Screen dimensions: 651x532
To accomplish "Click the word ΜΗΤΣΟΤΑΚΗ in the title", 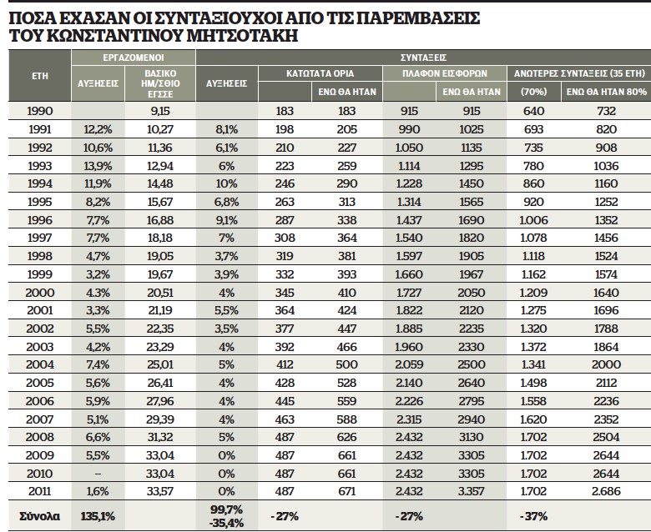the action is pyautogui.click(x=242, y=36).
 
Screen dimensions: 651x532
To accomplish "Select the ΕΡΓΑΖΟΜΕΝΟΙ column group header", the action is pyautogui.click(x=134, y=58).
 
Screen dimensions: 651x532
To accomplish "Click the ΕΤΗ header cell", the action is pyautogui.click(x=40, y=76).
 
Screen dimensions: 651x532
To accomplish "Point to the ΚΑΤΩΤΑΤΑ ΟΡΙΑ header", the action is pyautogui.click(x=320, y=74).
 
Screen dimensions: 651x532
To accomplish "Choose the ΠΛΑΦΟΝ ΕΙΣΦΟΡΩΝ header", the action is pyautogui.click(x=445, y=74).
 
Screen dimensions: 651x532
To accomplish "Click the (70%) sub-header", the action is pyautogui.click(x=534, y=92).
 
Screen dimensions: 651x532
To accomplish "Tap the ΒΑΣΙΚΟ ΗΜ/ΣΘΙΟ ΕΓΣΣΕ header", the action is pyautogui.click(x=160, y=83).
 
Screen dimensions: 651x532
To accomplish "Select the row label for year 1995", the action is pyautogui.click(x=40, y=202).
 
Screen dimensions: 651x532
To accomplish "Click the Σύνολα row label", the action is pyautogui.click(x=40, y=516).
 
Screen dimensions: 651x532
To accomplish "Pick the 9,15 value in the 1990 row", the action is pyautogui.click(x=160, y=111).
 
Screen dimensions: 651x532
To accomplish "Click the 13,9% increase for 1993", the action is pyautogui.click(x=98, y=166).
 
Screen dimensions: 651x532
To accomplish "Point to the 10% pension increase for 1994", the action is pyautogui.click(x=226, y=183).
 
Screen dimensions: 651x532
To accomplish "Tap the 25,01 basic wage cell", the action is pyautogui.click(x=160, y=365).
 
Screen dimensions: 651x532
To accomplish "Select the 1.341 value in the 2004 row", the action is pyautogui.click(x=534, y=365).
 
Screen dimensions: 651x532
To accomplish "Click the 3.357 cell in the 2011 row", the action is pyautogui.click(x=472, y=491).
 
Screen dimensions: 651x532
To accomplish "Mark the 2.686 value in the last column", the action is pyautogui.click(x=606, y=491).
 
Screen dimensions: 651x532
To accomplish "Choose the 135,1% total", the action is pyautogui.click(x=98, y=516).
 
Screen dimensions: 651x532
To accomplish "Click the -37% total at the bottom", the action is pyautogui.click(x=533, y=516).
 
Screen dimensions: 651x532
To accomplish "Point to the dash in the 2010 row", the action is pyautogui.click(x=98, y=474).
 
